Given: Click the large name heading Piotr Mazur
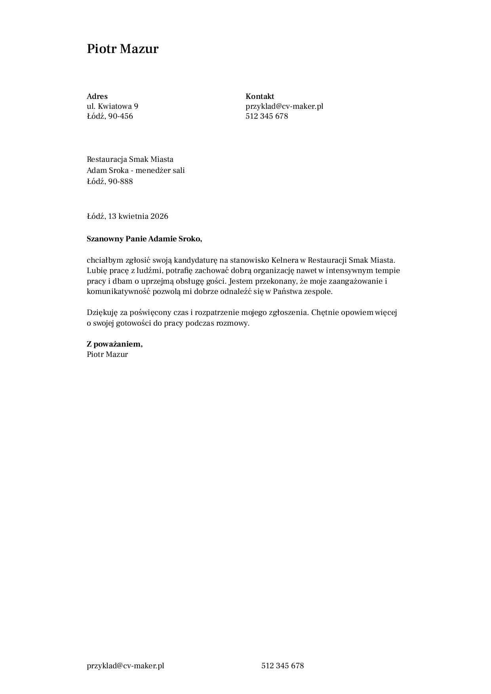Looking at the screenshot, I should point(122,49).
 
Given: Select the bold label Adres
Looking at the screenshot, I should point(97,96).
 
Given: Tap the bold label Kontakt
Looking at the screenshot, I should point(260,96).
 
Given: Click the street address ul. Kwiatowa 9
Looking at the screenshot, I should point(112,106).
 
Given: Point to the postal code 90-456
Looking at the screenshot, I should point(121,116).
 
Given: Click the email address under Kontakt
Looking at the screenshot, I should point(284,106).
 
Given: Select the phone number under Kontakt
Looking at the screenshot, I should point(266,116).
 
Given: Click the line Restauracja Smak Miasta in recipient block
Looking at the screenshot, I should point(130,159).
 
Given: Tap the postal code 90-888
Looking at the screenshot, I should point(121,181).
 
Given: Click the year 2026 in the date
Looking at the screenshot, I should point(159,216).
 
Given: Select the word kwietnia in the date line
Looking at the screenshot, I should point(133,216).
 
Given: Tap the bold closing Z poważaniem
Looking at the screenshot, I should point(114,344).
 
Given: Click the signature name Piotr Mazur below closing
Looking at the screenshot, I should point(107,354).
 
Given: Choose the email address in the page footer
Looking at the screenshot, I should point(126,666).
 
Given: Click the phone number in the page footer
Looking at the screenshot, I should point(282,666).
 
